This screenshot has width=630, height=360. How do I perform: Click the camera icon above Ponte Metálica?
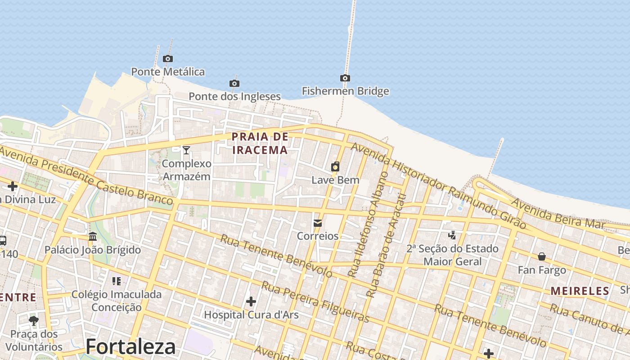click(168, 58)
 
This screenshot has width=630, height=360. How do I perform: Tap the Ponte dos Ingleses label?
click(234, 96)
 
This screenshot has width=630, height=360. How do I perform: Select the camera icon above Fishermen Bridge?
click(345, 78)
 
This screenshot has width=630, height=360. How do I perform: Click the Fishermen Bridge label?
click(345, 91)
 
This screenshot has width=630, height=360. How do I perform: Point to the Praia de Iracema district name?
click(260, 143)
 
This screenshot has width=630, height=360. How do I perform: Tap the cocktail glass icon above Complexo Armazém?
click(186, 150)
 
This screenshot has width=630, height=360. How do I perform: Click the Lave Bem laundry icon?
click(335, 167)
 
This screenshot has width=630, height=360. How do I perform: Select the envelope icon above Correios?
click(318, 223)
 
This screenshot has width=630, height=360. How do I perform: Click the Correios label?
click(318, 236)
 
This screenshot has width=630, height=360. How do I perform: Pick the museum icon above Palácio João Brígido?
click(93, 236)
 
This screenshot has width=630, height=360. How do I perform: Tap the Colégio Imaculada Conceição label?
click(117, 301)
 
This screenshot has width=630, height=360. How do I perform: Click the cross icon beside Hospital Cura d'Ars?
click(251, 301)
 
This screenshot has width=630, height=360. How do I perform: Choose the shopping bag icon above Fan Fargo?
click(542, 256)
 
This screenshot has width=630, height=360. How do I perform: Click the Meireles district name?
click(580, 291)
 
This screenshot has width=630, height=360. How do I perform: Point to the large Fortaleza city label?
click(130, 346)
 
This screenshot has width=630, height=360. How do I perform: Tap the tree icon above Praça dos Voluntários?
click(34, 320)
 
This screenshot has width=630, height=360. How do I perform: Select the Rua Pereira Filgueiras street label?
click(315, 302)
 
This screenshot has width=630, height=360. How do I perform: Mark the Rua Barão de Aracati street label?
click(387, 245)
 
